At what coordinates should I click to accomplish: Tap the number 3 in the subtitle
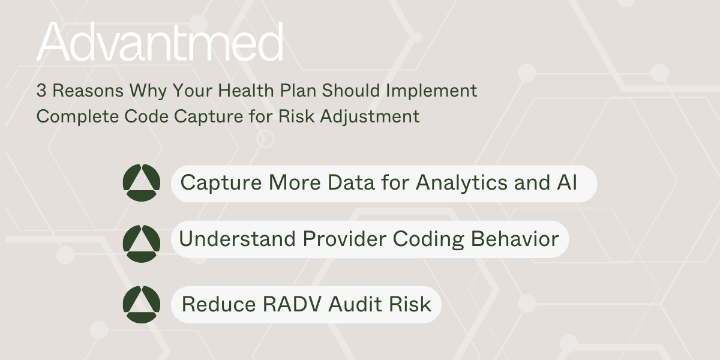pos(41,91)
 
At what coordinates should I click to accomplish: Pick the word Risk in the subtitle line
pos(296,116)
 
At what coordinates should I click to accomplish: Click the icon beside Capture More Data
pos(141,182)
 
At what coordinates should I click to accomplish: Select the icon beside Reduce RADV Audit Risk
pos(141,305)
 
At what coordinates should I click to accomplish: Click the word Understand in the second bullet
pos(238,239)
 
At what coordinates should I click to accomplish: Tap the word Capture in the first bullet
pos(220,182)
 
